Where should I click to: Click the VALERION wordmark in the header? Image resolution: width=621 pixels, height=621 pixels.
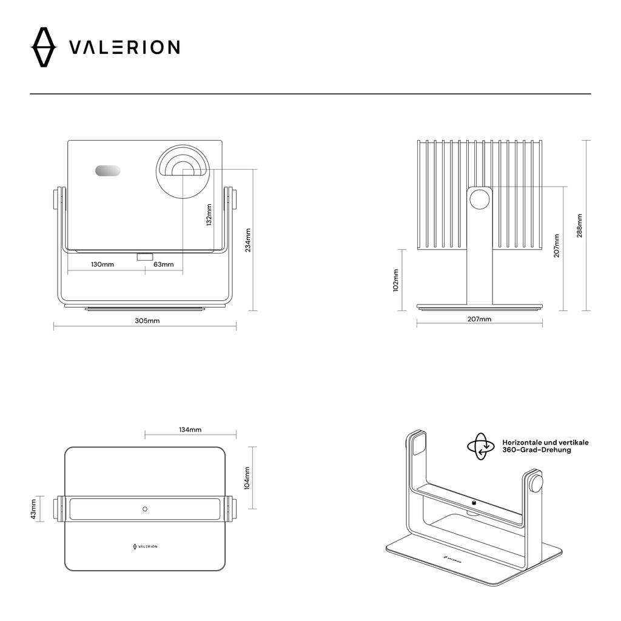point(124,47)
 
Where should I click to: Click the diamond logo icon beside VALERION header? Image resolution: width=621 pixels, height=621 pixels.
point(43,47)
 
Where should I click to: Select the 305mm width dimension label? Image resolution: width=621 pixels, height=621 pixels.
point(147,320)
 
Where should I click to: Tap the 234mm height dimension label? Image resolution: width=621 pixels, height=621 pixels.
point(247,240)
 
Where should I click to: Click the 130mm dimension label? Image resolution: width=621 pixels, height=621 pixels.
point(102,264)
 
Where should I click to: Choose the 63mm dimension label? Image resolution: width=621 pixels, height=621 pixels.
point(164,264)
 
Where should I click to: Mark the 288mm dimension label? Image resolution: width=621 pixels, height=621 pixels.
point(580,226)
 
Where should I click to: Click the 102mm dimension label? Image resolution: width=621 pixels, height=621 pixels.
point(395,280)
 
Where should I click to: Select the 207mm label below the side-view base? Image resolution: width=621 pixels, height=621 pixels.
point(480,319)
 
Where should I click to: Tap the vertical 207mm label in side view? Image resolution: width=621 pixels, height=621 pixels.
point(557,246)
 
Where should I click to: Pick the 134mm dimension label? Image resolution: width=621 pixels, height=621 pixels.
point(190,429)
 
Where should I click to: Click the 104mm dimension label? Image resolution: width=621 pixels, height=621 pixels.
point(247,478)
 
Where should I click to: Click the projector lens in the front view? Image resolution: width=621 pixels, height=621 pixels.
point(183,171)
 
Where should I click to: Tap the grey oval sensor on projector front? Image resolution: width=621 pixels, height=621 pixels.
point(107,171)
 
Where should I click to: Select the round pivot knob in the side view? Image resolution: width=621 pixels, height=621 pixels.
point(480,199)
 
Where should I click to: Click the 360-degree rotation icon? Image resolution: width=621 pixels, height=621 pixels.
point(481,446)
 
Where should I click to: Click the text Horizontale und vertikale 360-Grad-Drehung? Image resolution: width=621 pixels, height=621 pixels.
point(545,446)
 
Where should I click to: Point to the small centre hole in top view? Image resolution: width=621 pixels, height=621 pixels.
point(144,508)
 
